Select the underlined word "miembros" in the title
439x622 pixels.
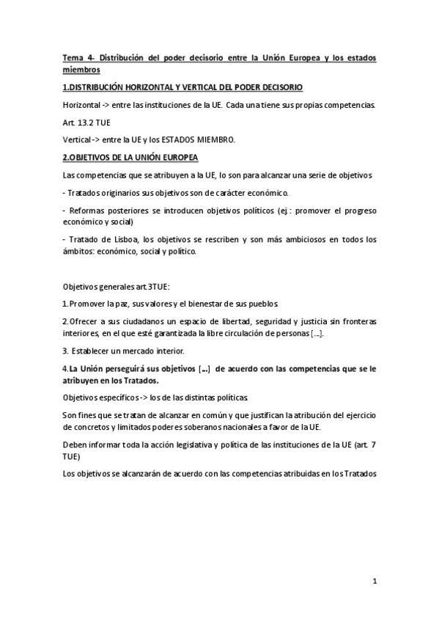coord(81,70)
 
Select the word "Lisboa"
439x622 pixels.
coord(117,239)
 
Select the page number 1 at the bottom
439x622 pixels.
coord(374,582)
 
